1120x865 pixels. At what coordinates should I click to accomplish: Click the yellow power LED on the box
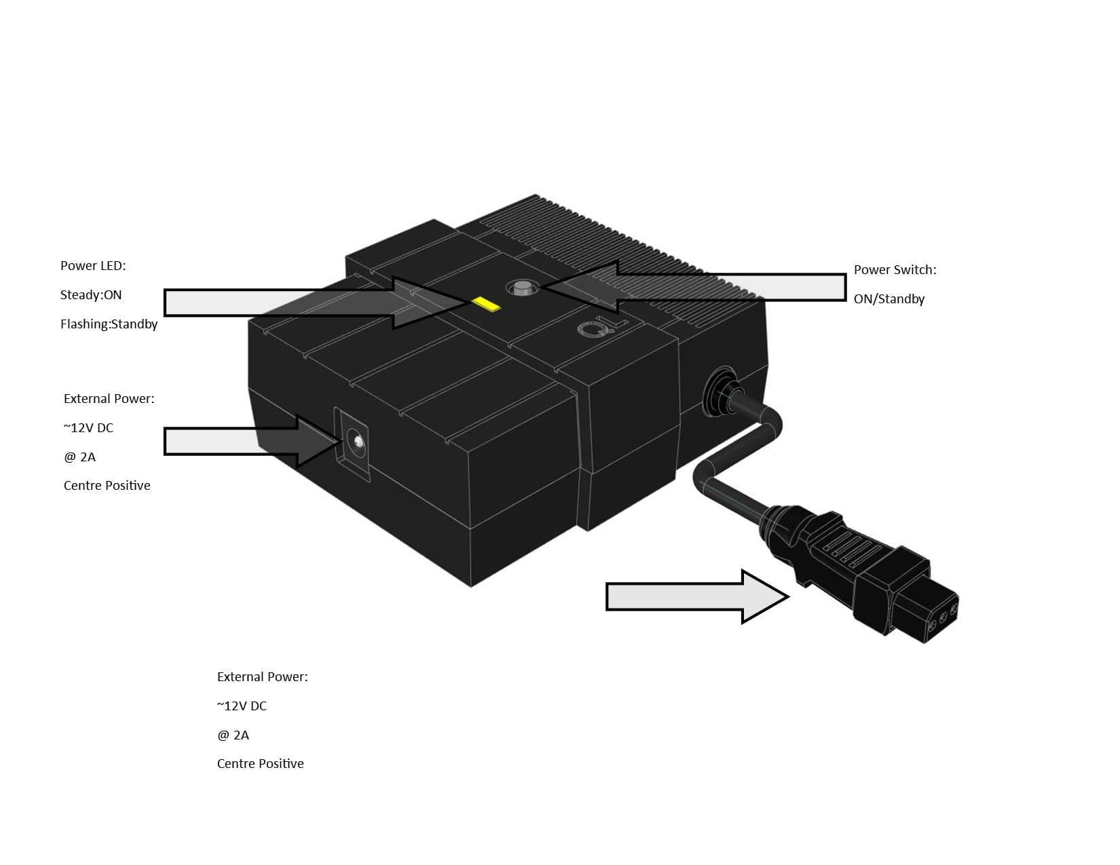487,304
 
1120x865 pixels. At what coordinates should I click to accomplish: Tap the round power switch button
523,288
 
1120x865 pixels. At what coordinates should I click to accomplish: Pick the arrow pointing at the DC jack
253,442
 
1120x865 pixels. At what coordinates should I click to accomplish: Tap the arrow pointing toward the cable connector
697,596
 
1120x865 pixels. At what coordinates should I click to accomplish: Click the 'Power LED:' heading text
93,266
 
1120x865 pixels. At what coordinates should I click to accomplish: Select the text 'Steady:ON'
91,294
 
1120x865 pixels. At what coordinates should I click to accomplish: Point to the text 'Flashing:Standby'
109,324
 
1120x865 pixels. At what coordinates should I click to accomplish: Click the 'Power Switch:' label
895,270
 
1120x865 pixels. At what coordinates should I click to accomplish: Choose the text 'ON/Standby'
889,299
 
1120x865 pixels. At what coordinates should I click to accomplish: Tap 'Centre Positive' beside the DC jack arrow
107,485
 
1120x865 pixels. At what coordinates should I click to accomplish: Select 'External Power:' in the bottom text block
262,676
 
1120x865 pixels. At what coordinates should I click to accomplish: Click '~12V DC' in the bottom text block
242,706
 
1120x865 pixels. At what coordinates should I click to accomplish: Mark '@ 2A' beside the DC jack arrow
80,457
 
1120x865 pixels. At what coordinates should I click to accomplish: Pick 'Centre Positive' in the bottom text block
260,763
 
